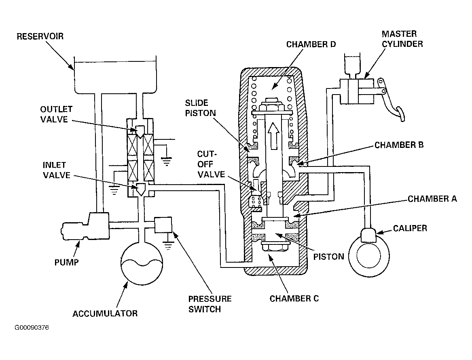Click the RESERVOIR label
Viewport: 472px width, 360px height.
(x=40, y=36)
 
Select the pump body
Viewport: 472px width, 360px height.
(x=85, y=226)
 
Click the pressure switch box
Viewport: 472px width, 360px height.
(x=163, y=225)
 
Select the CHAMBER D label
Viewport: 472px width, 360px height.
(x=311, y=44)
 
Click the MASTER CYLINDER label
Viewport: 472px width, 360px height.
(x=402, y=39)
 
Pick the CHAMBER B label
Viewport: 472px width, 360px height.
(x=399, y=145)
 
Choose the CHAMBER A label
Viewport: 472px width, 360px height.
(x=432, y=199)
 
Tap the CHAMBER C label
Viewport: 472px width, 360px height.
(x=294, y=299)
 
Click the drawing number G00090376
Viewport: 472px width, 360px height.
(x=32, y=328)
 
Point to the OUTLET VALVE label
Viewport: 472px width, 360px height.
(x=56, y=114)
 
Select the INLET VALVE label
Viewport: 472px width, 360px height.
(x=57, y=170)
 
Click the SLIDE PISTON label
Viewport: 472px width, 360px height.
(x=201, y=108)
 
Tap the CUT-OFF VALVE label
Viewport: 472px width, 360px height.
(x=211, y=164)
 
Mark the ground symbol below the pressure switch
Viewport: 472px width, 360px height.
(x=168, y=246)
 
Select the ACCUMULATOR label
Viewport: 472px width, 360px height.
(x=105, y=314)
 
